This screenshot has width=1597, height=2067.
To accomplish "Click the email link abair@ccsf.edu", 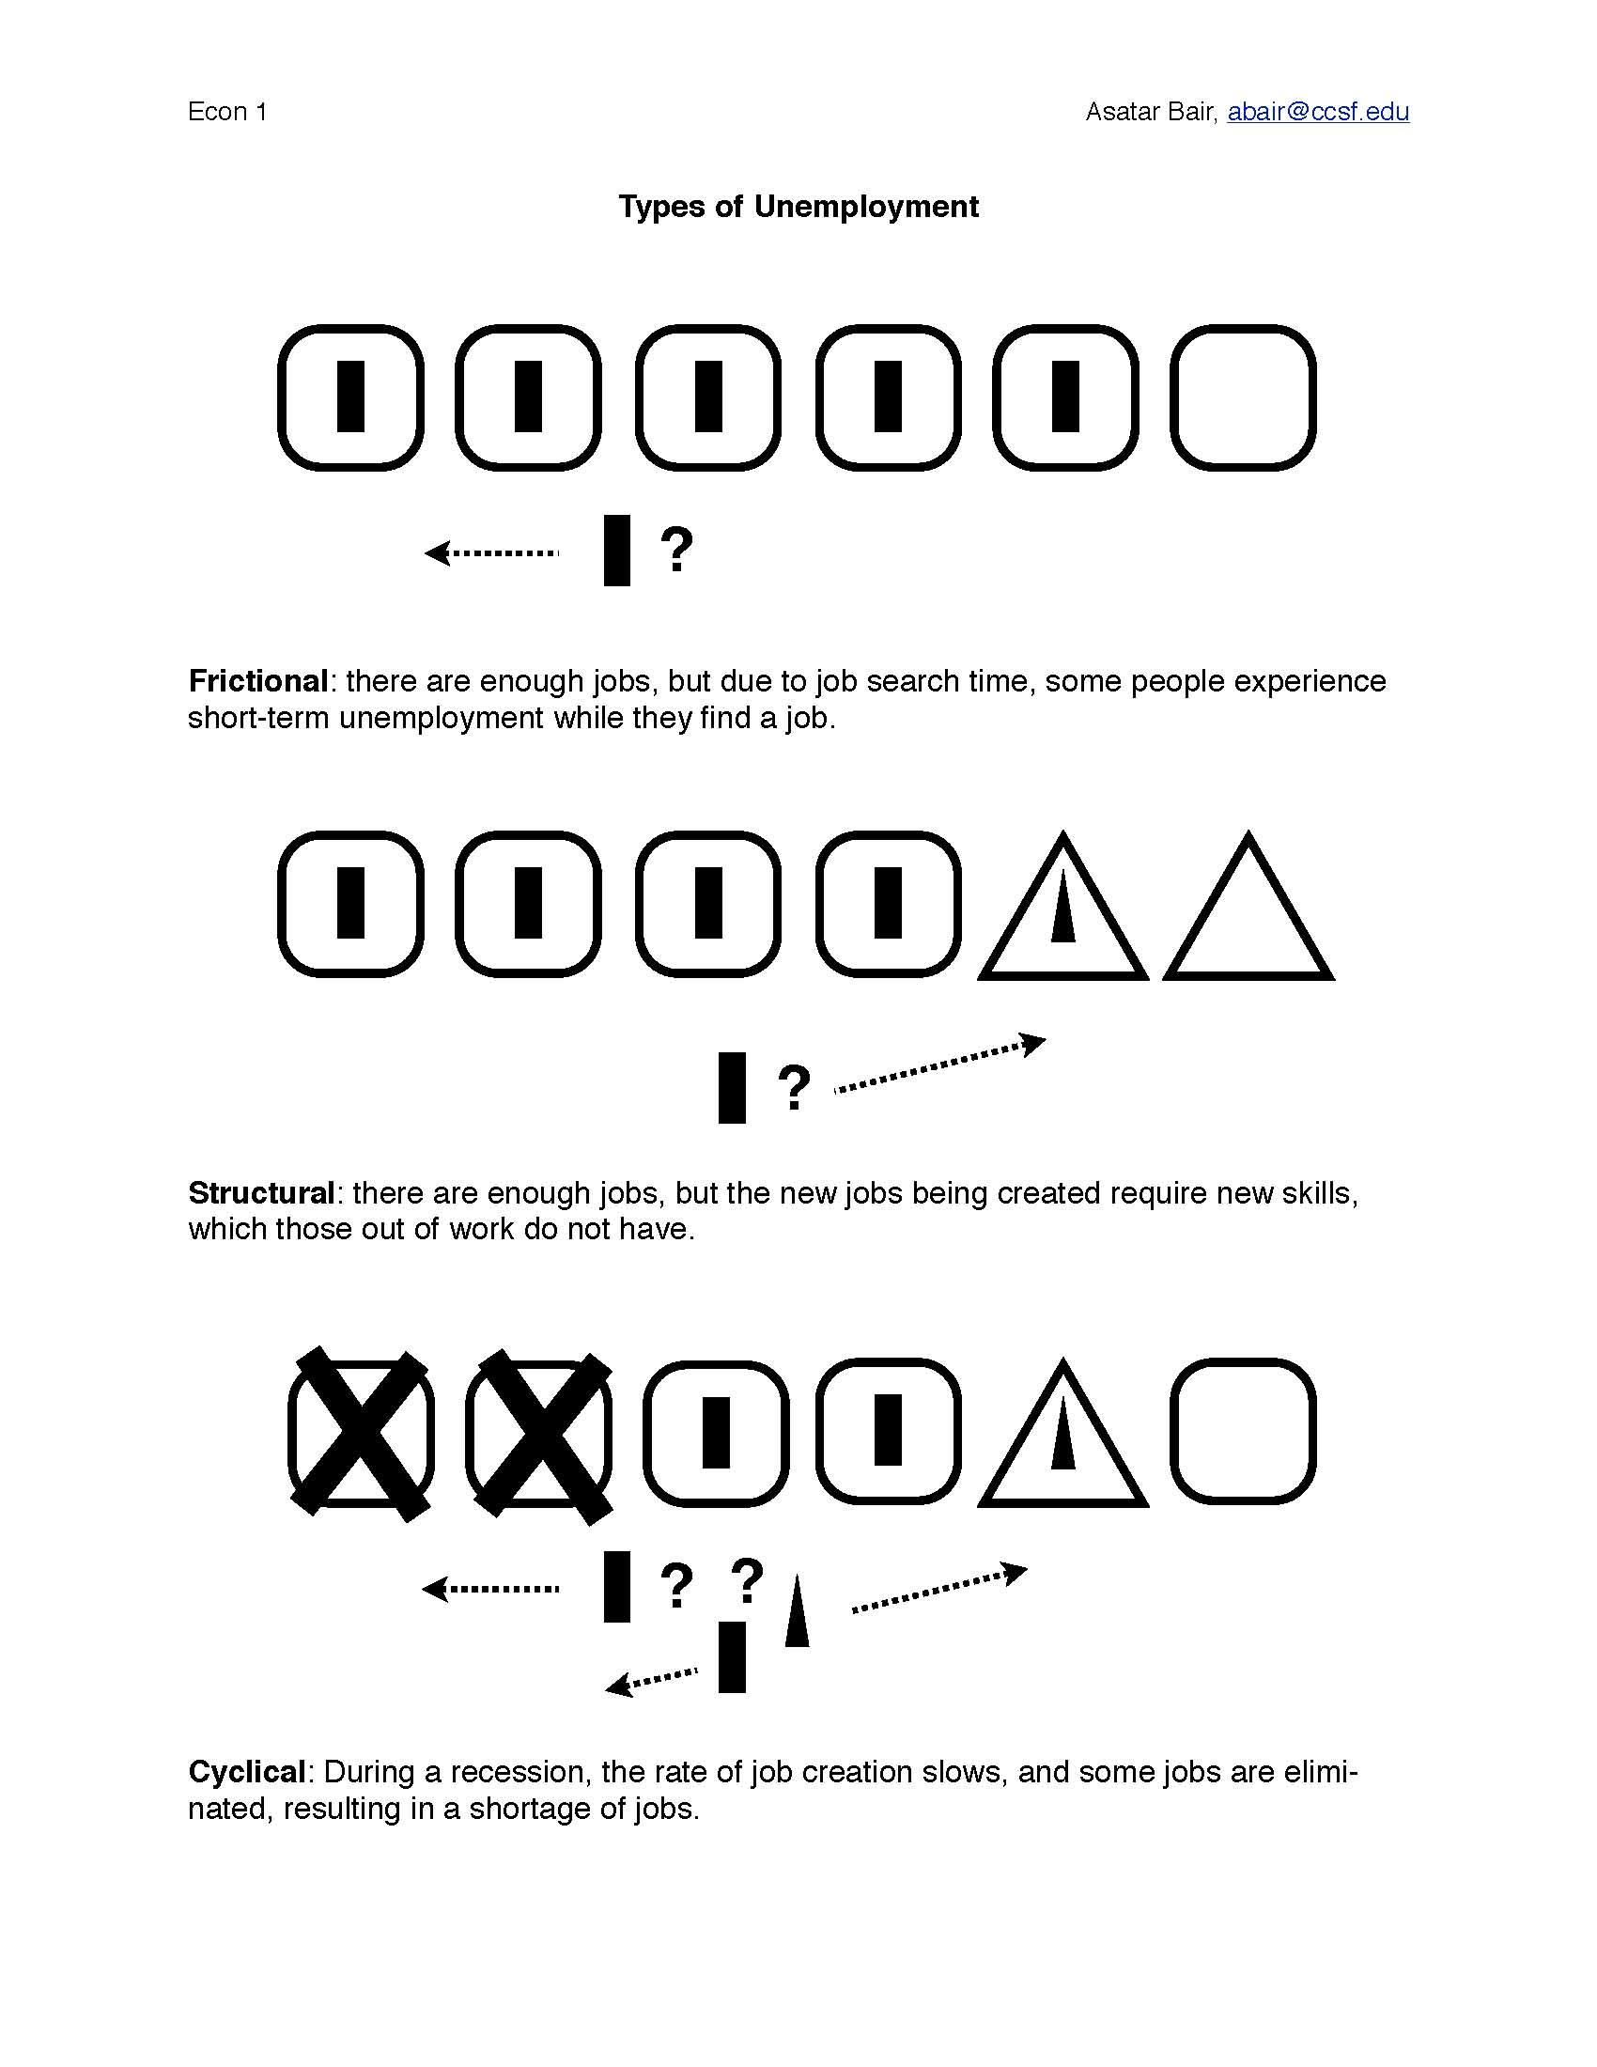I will [1318, 112].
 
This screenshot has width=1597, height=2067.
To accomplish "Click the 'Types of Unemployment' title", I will [798, 207].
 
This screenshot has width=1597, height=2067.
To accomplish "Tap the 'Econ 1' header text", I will [227, 112].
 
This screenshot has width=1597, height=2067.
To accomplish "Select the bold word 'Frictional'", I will [257, 681].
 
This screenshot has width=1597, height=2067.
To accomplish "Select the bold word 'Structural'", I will [261, 1192].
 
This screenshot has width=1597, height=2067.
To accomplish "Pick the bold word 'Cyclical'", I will [246, 1771].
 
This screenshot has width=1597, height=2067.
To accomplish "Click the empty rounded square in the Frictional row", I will [1243, 397].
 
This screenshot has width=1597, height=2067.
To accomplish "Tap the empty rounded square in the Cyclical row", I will [1243, 1431].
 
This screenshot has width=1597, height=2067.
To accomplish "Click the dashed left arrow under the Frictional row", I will [491, 552].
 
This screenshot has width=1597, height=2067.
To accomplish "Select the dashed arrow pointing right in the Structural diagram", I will [939, 1065].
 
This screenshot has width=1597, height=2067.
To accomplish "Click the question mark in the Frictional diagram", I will [675, 550].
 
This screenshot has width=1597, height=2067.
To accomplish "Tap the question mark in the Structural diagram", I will [793, 1087].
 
